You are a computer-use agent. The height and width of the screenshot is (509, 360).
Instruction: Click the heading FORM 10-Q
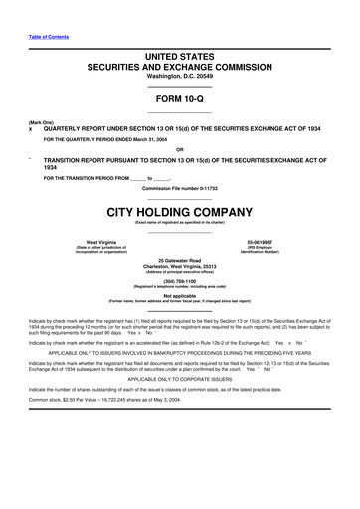click(179, 101)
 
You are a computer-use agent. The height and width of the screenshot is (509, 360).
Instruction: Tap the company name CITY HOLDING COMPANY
click(179, 213)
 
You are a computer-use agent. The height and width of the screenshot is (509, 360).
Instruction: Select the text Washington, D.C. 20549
click(179, 76)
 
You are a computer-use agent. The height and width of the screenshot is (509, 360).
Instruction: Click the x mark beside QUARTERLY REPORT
click(31, 129)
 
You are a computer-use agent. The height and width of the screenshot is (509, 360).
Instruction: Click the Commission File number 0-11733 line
click(179, 189)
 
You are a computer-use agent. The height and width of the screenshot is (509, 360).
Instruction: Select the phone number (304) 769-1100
click(179, 281)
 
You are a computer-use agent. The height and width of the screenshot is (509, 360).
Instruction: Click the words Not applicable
click(179, 295)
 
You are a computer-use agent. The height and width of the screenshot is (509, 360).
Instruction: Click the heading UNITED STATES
click(179, 57)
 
